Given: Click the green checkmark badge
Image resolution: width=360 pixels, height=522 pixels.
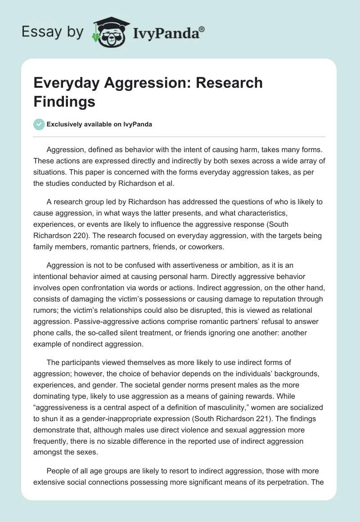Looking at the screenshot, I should click(40, 125).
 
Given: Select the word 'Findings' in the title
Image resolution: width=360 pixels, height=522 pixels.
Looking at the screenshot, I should click(65, 102).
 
